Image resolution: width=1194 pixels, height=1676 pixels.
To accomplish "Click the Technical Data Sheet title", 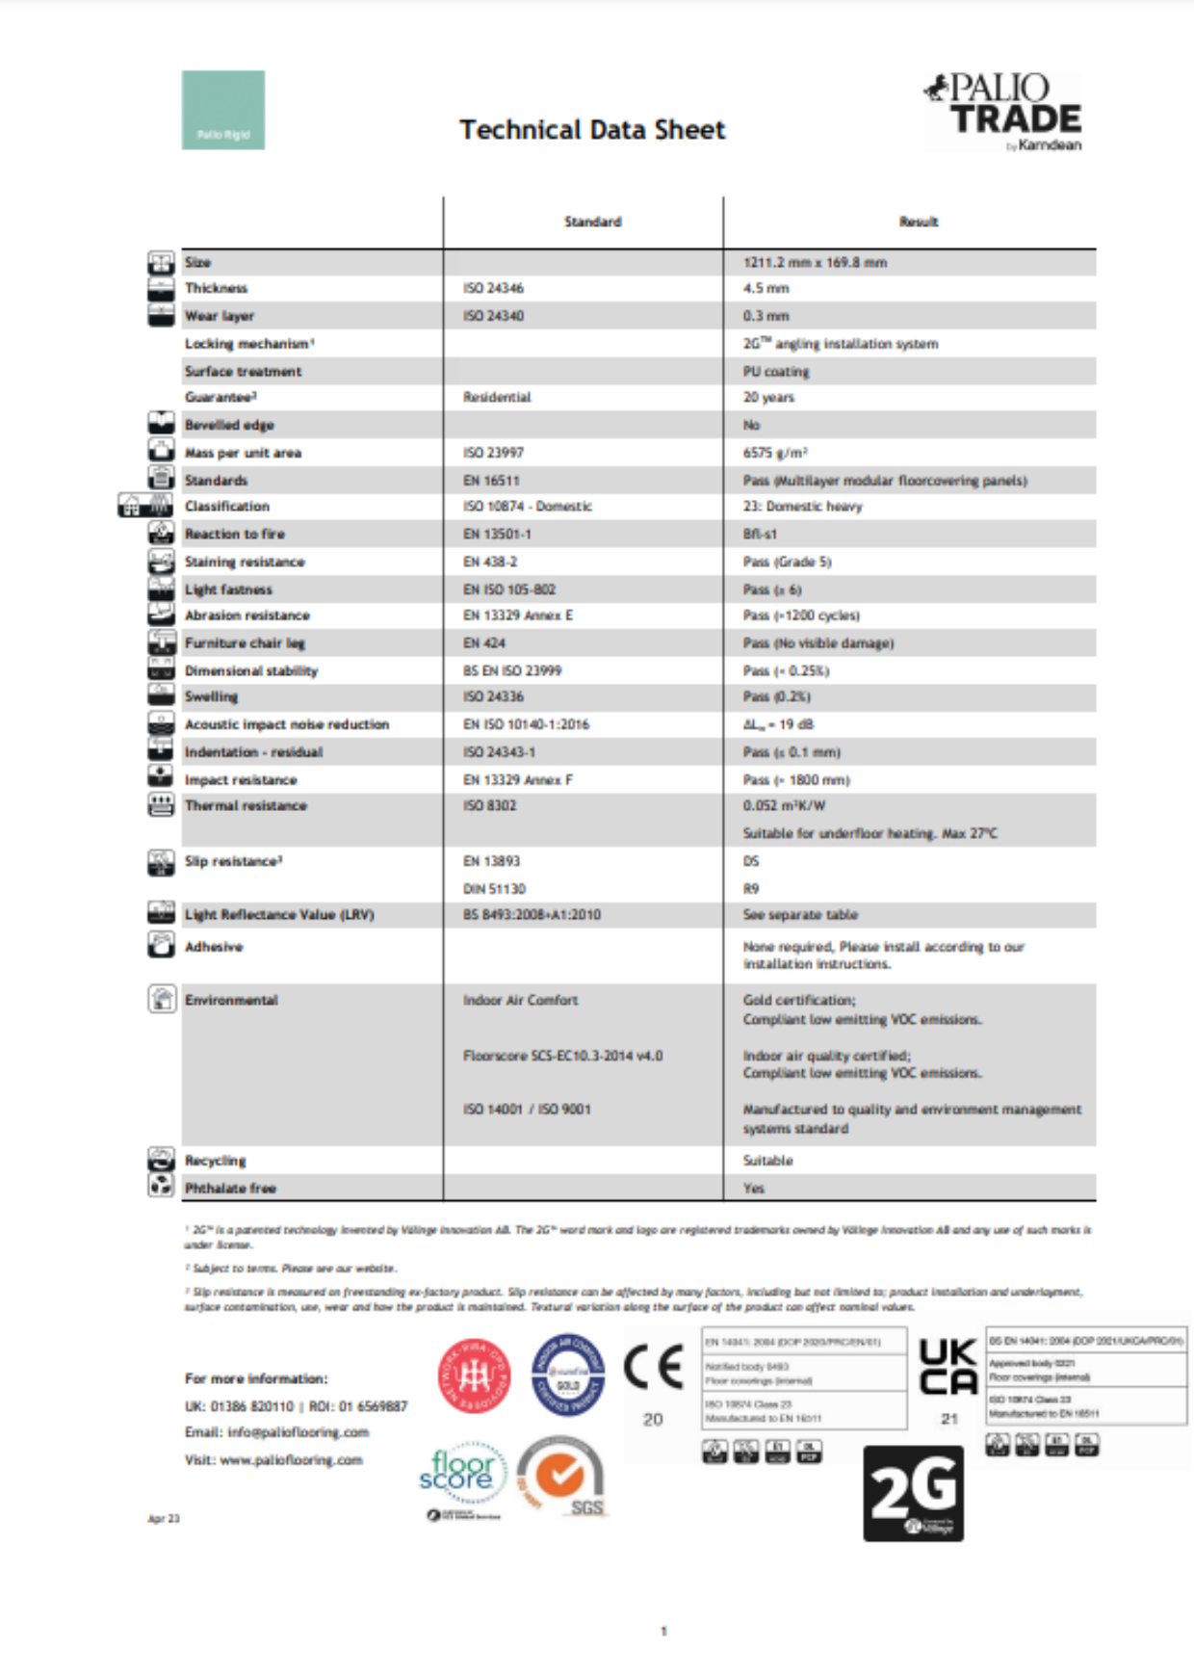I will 592,130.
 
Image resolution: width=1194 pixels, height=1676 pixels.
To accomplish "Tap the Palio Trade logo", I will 1003,113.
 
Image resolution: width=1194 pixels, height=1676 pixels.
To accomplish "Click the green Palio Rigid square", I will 223,110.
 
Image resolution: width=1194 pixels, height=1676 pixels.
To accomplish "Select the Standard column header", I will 592,222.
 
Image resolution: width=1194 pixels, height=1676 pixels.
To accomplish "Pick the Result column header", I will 919,222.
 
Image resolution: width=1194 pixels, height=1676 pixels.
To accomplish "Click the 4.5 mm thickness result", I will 766,288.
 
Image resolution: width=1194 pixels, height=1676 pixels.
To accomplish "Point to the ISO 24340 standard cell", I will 493,316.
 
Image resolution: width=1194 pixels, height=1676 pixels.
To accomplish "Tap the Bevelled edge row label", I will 229,425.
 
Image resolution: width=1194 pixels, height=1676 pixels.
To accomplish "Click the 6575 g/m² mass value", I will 775,453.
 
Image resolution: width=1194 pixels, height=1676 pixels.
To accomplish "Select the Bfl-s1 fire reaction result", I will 760,534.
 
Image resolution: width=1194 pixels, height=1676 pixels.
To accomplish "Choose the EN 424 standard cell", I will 484,642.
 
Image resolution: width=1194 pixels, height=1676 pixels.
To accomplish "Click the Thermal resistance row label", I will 246,805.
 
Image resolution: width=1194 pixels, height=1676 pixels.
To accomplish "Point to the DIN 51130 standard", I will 494,888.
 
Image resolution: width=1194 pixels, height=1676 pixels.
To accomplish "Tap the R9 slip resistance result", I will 751,888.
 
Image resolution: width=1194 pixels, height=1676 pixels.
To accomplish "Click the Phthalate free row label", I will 230,1188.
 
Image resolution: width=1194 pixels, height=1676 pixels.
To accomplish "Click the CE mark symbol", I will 654,1368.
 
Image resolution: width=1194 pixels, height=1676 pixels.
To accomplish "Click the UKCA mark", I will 948,1367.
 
